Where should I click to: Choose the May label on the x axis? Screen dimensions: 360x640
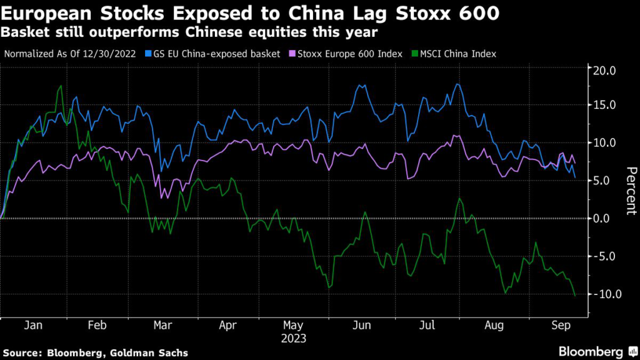point(294,326)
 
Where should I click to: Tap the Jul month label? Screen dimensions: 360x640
point(427,326)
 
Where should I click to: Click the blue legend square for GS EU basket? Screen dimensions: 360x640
point(148,54)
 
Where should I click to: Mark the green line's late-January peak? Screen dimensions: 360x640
point(61,86)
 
